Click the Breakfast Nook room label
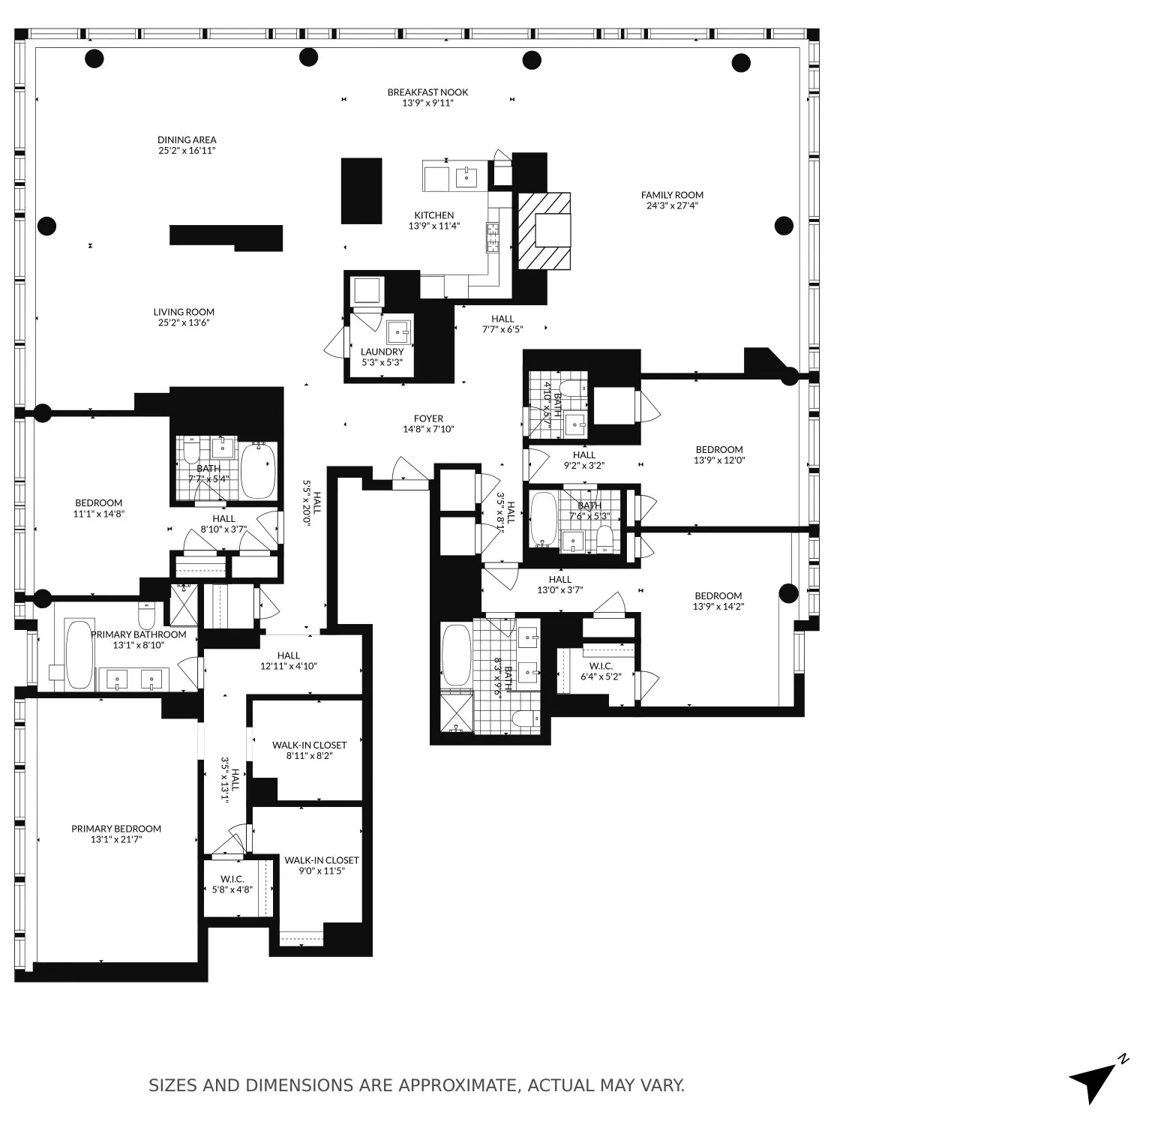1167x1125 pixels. point(427,97)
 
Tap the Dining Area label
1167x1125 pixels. point(187,145)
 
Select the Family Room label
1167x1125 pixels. point(672,200)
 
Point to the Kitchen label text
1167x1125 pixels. point(433,220)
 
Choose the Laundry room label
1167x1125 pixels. point(382,357)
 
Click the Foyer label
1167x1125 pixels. point(428,424)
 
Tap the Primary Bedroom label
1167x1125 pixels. point(116,834)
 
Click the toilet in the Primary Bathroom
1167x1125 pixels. point(148,616)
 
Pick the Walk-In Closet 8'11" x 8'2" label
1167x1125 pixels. point(309,750)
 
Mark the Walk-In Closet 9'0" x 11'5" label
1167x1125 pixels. point(321,865)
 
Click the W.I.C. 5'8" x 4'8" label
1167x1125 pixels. point(232,884)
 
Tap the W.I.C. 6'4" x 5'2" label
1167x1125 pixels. point(601,671)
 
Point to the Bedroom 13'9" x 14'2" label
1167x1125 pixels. point(718,601)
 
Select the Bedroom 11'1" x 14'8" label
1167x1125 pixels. point(98,508)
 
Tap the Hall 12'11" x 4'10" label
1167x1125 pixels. point(289,661)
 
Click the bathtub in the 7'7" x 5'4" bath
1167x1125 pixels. point(258,470)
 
